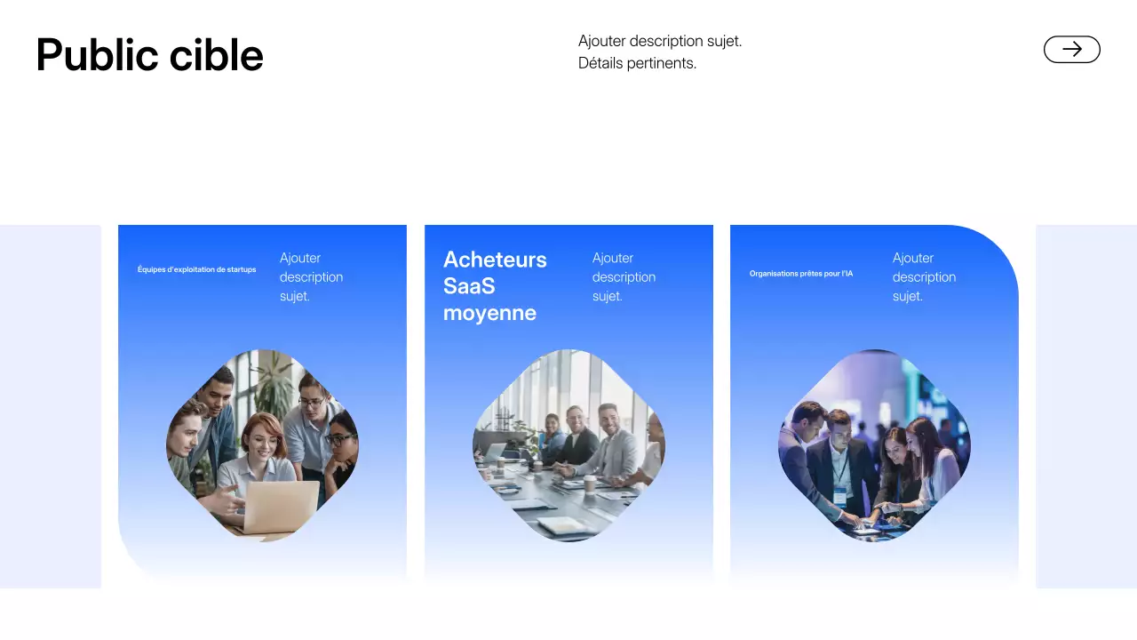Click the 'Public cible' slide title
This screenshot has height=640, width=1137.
pyautogui.click(x=149, y=55)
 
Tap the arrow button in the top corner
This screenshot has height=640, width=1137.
pyautogui.click(x=1071, y=50)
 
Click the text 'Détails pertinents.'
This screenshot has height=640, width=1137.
pyautogui.click(x=637, y=63)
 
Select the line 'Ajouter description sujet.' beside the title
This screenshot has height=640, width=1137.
pyautogui.click(x=659, y=41)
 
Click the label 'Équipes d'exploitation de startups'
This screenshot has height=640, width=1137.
pyautogui.click(x=196, y=269)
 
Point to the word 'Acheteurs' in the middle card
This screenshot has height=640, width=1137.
pyautogui.click(x=495, y=260)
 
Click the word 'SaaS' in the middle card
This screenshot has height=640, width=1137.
pyautogui.click(x=469, y=286)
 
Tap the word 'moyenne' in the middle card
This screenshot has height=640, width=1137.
pyautogui.click(x=489, y=313)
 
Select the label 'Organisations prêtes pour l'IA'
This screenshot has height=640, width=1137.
pyautogui.click(x=800, y=274)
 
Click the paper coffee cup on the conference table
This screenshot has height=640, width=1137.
pyautogui.click(x=589, y=483)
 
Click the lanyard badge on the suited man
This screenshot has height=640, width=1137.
pyautogui.click(x=839, y=493)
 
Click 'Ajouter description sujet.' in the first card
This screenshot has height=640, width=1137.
pyautogui.click(x=311, y=276)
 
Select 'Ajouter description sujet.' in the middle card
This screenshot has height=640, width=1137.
pyautogui.click(x=624, y=276)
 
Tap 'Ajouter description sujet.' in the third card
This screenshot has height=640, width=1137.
pyautogui.click(x=924, y=276)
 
